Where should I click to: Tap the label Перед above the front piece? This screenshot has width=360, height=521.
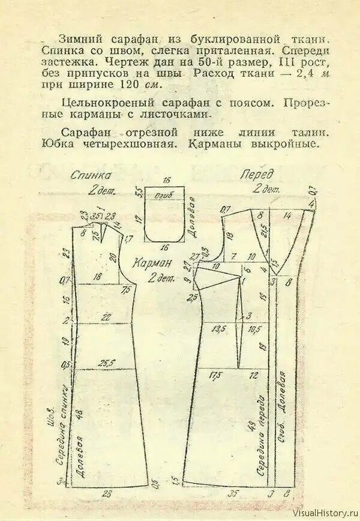tap(256, 175)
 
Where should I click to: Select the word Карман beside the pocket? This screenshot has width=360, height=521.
tap(153, 262)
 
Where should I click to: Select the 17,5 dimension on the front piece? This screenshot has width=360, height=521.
tap(215, 375)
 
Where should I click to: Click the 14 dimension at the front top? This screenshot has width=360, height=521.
tap(288, 214)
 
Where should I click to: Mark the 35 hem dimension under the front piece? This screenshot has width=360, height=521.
tap(232, 495)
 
